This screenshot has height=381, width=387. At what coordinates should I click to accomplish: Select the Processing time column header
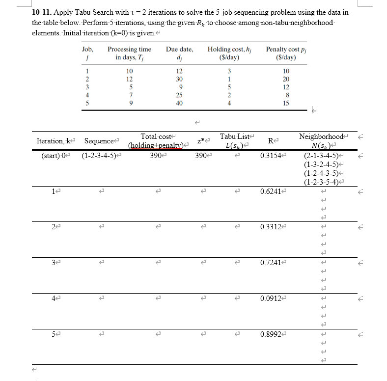129,53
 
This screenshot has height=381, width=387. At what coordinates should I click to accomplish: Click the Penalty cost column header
282,53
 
